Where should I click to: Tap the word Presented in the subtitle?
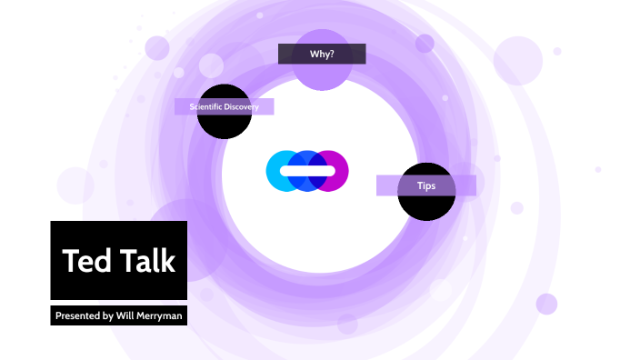(x=77, y=316)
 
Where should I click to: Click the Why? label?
(x=321, y=54)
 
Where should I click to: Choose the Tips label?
(x=425, y=185)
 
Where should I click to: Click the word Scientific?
(x=205, y=107)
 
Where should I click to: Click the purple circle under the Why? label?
(x=322, y=75)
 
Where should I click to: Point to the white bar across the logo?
(x=307, y=170)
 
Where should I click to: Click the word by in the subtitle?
(x=107, y=316)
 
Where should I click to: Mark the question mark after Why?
(x=332, y=54)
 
